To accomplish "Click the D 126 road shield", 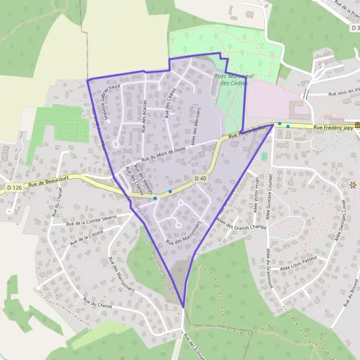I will [x=14, y=188].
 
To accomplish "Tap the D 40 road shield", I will [x=200, y=178].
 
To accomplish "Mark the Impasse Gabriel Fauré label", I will [x=113, y=102].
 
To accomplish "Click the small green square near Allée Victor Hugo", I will [x=265, y=156].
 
